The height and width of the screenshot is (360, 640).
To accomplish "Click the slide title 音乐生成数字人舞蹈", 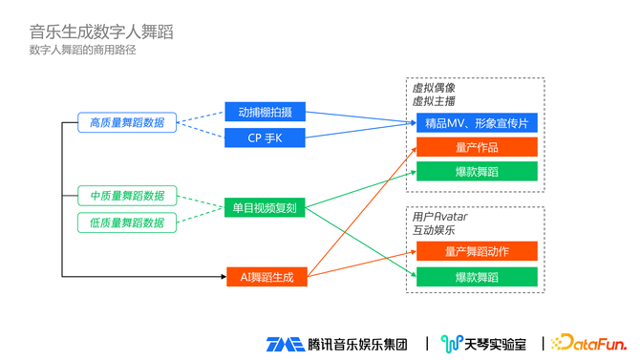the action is [x=101, y=32].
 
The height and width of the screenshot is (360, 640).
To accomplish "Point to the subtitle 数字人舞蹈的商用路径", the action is [x=82, y=50].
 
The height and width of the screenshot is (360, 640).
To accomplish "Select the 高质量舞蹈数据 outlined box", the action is [x=127, y=122].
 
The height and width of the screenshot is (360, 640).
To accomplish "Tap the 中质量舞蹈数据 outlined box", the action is [x=127, y=196].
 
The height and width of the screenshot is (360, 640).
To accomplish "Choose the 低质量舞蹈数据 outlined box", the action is [x=127, y=222].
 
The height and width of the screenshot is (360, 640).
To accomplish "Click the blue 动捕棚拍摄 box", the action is [x=265, y=112].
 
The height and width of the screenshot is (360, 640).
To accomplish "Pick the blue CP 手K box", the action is [x=265, y=138].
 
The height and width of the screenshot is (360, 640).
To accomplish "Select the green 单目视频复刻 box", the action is [x=265, y=208].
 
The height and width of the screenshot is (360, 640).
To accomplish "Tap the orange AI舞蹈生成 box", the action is [x=267, y=277].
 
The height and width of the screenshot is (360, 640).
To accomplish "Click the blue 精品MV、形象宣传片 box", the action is [x=477, y=123].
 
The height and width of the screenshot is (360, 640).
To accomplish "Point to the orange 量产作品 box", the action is [x=477, y=147].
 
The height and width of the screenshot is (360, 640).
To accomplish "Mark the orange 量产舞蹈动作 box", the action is [x=477, y=251].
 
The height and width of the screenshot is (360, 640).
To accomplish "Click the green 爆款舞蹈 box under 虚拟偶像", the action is [x=477, y=171].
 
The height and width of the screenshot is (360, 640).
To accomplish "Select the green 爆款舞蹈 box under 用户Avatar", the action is [x=477, y=277].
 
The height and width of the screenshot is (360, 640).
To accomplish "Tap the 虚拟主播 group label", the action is [x=434, y=101].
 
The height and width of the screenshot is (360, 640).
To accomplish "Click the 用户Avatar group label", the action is [x=440, y=217].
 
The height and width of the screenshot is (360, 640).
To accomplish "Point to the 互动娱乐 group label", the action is [x=434, y=230].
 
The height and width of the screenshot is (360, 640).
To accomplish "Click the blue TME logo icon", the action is [x=286, y=344].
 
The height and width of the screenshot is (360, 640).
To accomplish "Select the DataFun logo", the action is [x=588, y=343].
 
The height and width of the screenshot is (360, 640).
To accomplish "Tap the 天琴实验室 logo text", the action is [x=496, y=345].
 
